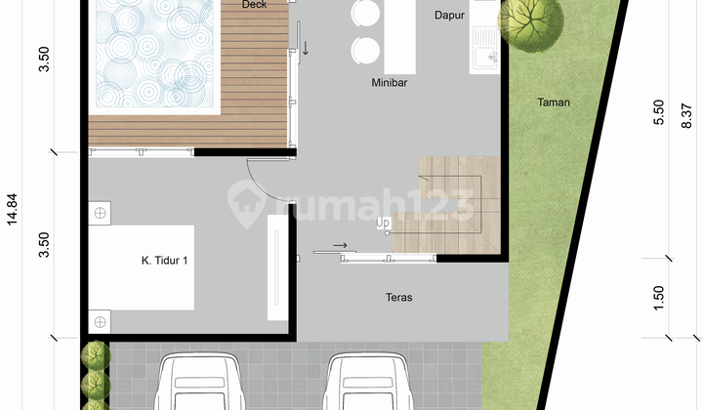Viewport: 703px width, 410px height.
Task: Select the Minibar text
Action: click(389, 83)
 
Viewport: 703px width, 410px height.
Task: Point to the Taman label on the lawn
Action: click(553, 102)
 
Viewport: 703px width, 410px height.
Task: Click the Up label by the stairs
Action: click(383, 223)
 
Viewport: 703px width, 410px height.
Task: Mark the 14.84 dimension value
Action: click(13, 235)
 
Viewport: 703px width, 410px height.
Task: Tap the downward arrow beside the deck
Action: click(305, 47)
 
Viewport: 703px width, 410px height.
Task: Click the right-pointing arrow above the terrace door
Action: click(339, 246)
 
